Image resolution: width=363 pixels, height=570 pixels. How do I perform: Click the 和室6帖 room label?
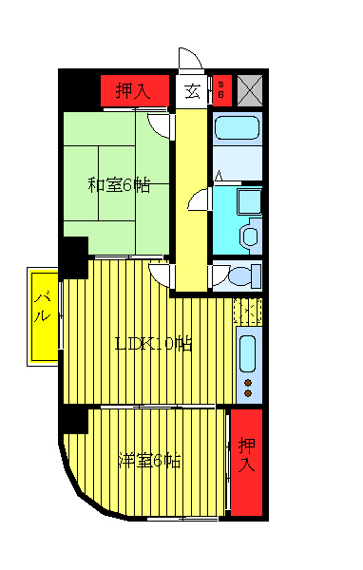[119, 184]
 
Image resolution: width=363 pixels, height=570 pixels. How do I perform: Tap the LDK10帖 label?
[153, 344]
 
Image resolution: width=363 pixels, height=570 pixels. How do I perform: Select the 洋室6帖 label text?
[149, 461]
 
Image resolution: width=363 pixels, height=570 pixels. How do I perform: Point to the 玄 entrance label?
[192, 91]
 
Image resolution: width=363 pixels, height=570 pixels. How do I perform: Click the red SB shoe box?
[221, 90]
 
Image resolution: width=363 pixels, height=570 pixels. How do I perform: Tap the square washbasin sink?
[249, 201]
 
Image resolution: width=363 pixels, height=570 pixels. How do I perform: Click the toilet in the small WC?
[241, 277]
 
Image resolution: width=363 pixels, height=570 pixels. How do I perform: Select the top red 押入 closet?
[140, 91]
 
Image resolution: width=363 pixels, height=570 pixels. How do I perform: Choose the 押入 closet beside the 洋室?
[247, 462]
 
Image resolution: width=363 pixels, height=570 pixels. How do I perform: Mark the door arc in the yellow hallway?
[198, 199]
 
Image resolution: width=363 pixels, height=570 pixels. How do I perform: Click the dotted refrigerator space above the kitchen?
[246, 311]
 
